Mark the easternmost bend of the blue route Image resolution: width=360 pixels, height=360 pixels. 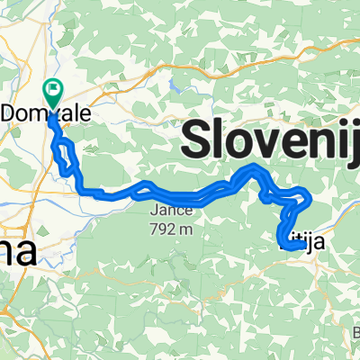[310, 195]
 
